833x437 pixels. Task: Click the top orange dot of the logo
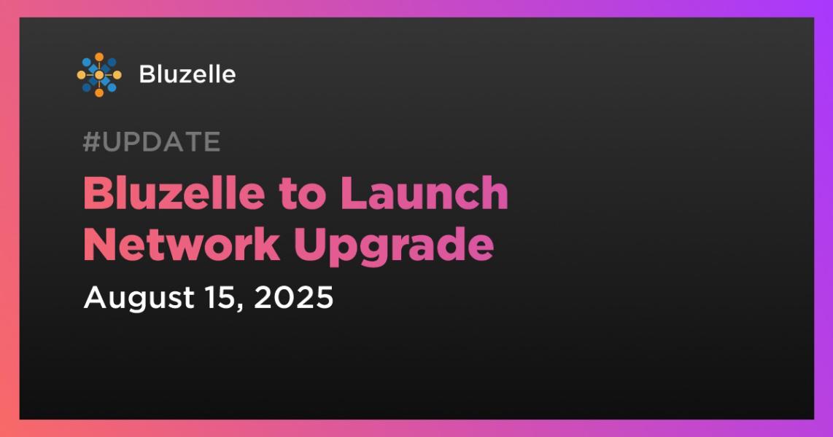click(x=98, y=57)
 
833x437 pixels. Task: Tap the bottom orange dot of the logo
click(x=98, y=92)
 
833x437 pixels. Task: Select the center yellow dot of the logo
click(x=98, y=75)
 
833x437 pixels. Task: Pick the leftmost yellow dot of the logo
click(x=81, y=75)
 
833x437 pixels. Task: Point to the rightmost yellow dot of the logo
click(x=117, y=75)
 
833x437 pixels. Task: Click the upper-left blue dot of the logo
click(x=87, y=63)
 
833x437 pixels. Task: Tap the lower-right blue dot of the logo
click(x=112, y=87)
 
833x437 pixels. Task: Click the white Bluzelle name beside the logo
click(x=187, y=74)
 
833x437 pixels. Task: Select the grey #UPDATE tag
click(x=152, y=141)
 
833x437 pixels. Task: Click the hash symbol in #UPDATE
click(x=91, y=141)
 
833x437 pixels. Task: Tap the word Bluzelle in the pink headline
click(x=174, y=193)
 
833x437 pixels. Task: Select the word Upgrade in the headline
click(x=394, y=247)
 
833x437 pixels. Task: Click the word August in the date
click(x=139, y=298)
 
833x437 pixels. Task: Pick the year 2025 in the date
click(x=293, y=297)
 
